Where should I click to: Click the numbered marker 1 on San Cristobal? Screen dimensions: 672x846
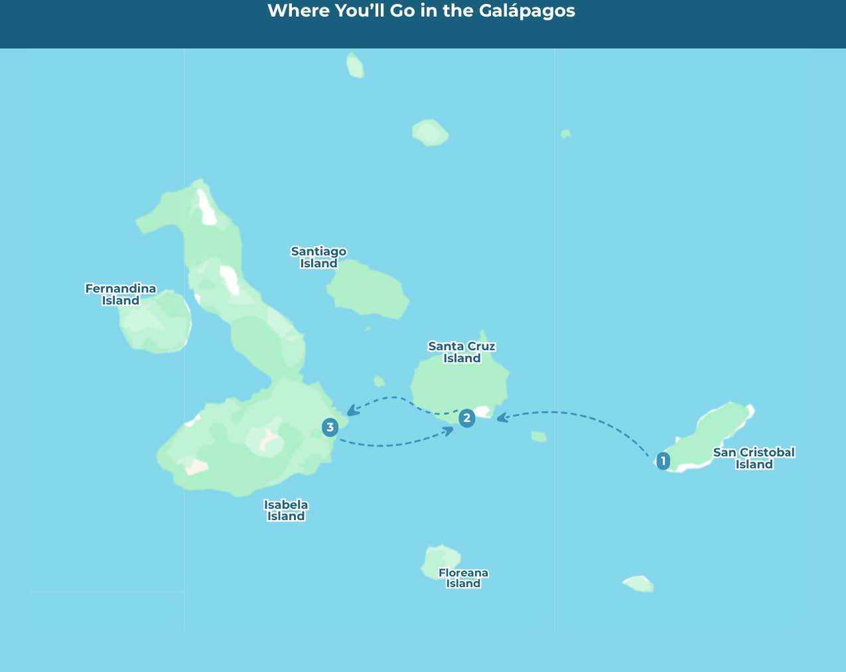tap(663, 461)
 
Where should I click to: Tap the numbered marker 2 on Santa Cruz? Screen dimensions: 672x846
tap(467, 418)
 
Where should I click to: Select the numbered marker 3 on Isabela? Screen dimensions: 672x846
tap(330, 427)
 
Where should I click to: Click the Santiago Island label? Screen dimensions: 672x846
tap(318, 257)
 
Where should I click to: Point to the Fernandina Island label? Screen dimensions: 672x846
tap(121, 295)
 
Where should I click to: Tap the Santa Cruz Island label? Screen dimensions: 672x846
tap(462, 352)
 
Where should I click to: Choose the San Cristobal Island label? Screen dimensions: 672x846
tap(754, 458)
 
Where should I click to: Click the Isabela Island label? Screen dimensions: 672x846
tap(286, 510)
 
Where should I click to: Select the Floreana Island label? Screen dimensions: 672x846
tap(463, 578)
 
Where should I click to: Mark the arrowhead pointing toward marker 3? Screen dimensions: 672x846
tap(351, 411)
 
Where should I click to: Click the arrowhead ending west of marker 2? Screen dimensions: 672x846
tap(449, 431)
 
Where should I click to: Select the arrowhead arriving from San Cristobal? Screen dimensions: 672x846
tap(502, 417)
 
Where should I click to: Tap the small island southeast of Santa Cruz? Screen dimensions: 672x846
tap(539, 437)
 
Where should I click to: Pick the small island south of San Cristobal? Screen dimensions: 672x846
tap(638, 583)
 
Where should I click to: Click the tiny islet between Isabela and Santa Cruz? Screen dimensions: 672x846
tap(379, 381)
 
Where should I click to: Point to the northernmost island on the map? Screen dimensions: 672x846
tap(355, 66)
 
